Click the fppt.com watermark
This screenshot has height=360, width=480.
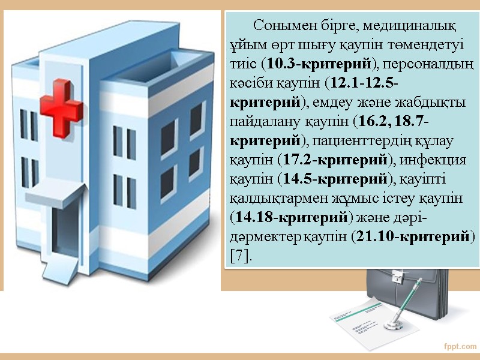point(460,346)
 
